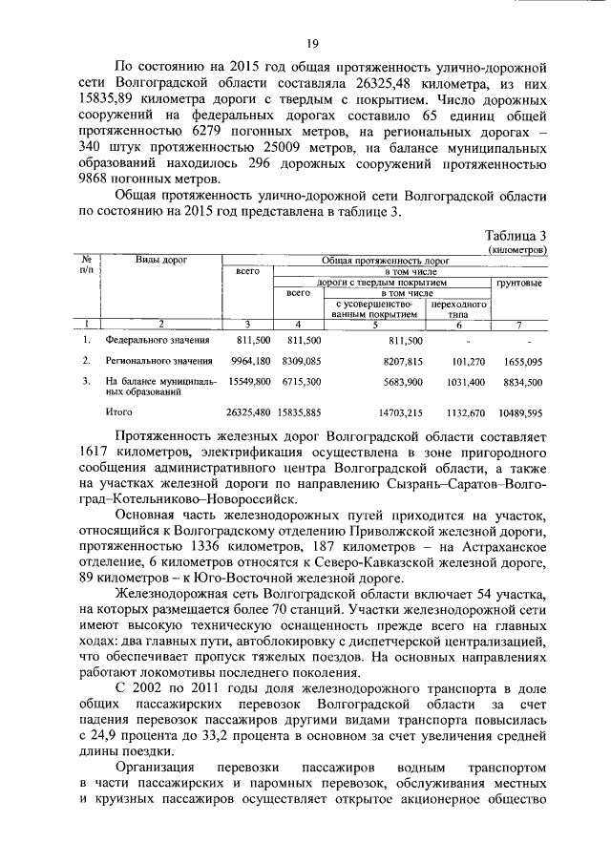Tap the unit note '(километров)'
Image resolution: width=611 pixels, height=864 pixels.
516,248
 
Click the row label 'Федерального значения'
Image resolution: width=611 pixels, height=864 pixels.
146,339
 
